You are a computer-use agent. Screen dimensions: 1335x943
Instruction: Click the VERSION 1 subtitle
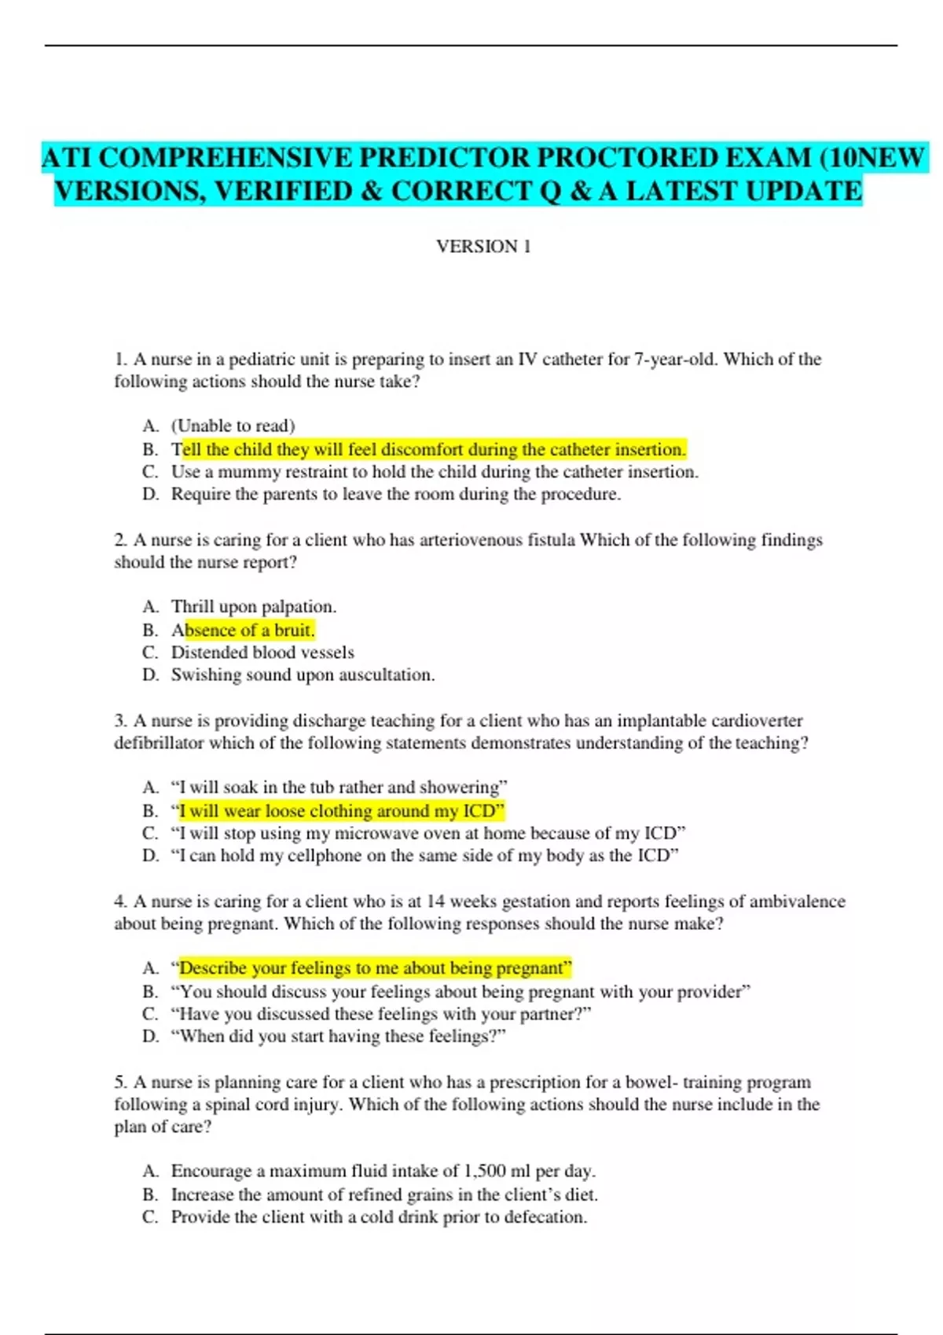(483, 247)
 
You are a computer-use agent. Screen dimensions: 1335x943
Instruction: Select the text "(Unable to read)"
(233, 426)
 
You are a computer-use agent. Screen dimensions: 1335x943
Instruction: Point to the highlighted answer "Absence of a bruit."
(244, 630)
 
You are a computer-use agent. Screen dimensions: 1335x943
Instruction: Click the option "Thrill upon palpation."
(254, 606)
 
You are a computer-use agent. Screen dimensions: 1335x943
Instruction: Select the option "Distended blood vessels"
(262, 652)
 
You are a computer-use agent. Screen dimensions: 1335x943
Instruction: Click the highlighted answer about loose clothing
(341, 810)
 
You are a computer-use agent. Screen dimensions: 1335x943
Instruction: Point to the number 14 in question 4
(435, 902)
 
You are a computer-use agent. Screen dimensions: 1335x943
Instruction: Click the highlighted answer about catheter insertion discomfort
(433, 449)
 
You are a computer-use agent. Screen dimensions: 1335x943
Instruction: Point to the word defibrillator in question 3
(158, 743)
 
